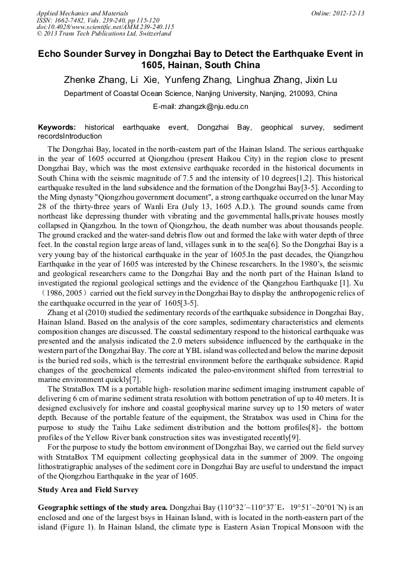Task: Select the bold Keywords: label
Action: [57, 127]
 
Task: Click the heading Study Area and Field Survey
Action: [88, 490]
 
